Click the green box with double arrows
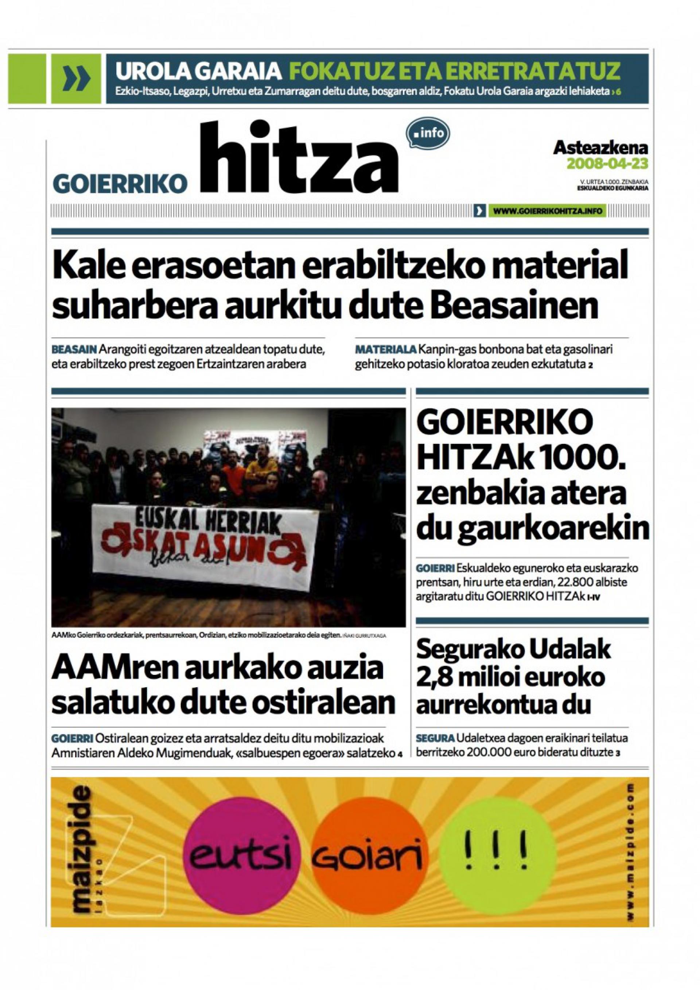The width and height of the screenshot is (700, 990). click(x=77, y=78)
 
